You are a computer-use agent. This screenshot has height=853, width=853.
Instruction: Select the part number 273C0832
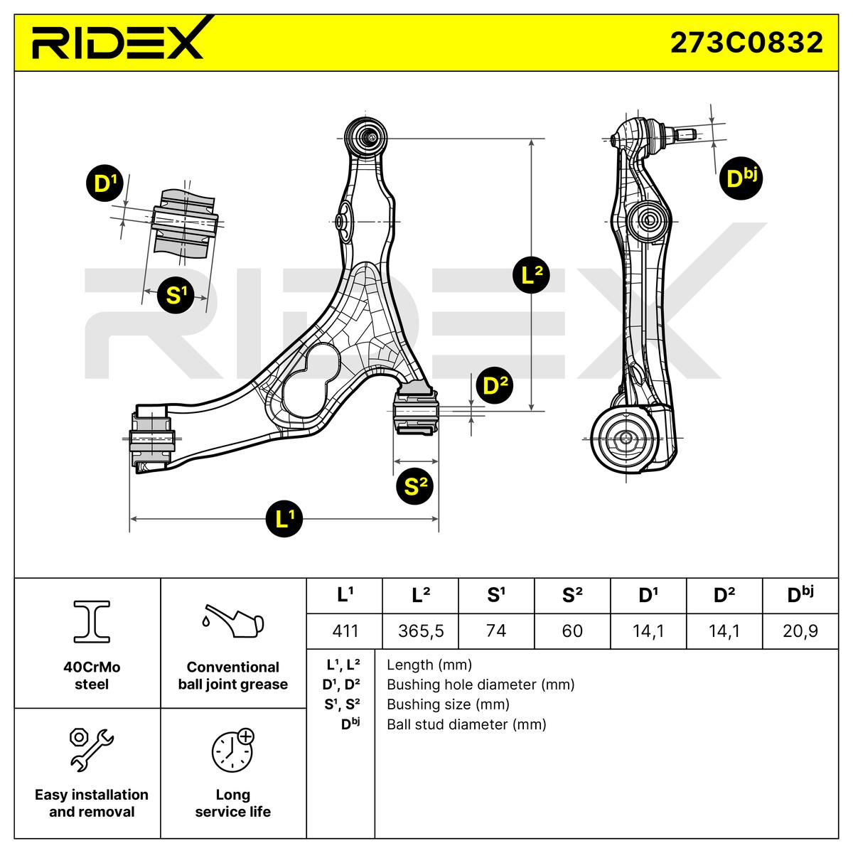(746, 43)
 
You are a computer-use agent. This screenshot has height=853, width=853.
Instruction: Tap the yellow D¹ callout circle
(104, 183)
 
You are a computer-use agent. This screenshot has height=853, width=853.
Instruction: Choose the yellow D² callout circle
(495, 385)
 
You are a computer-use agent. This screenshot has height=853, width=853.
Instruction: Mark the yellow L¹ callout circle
(284, 520)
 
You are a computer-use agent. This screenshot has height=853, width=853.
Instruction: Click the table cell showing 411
(345, 631)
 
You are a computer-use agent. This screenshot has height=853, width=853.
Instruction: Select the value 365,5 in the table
(421, 631)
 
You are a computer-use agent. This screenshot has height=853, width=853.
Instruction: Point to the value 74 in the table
(496, 631)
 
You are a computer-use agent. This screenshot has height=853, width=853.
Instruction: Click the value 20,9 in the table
(800, 631)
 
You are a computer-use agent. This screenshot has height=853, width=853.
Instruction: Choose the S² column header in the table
(572, 596)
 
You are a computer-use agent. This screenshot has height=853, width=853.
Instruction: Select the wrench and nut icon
(92, 749)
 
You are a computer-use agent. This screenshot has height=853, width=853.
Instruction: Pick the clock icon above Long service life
(232, 750)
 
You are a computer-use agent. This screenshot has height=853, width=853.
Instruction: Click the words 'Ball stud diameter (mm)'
(466, 724)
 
